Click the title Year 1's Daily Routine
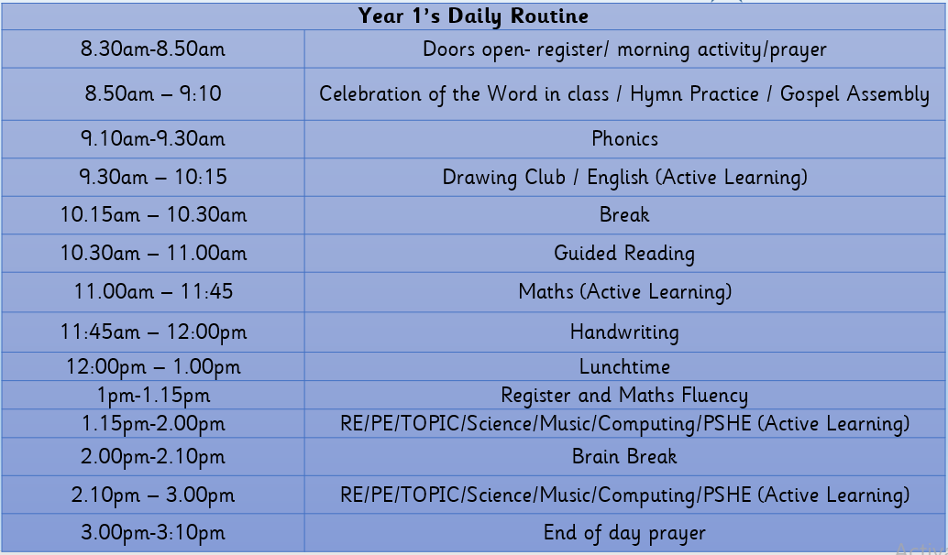473,16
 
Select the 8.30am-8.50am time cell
153,49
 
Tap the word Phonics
624,139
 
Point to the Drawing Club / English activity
624,178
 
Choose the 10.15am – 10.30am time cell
153,215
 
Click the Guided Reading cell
624,253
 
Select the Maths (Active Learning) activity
624,291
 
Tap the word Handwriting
624,332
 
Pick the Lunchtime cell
624,366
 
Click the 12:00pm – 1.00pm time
153,367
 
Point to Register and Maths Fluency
624,396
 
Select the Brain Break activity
624,457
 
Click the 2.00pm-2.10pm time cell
153,457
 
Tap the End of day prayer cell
624,533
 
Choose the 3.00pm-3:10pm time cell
153,533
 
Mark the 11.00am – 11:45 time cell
153,291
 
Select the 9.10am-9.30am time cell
153,139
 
